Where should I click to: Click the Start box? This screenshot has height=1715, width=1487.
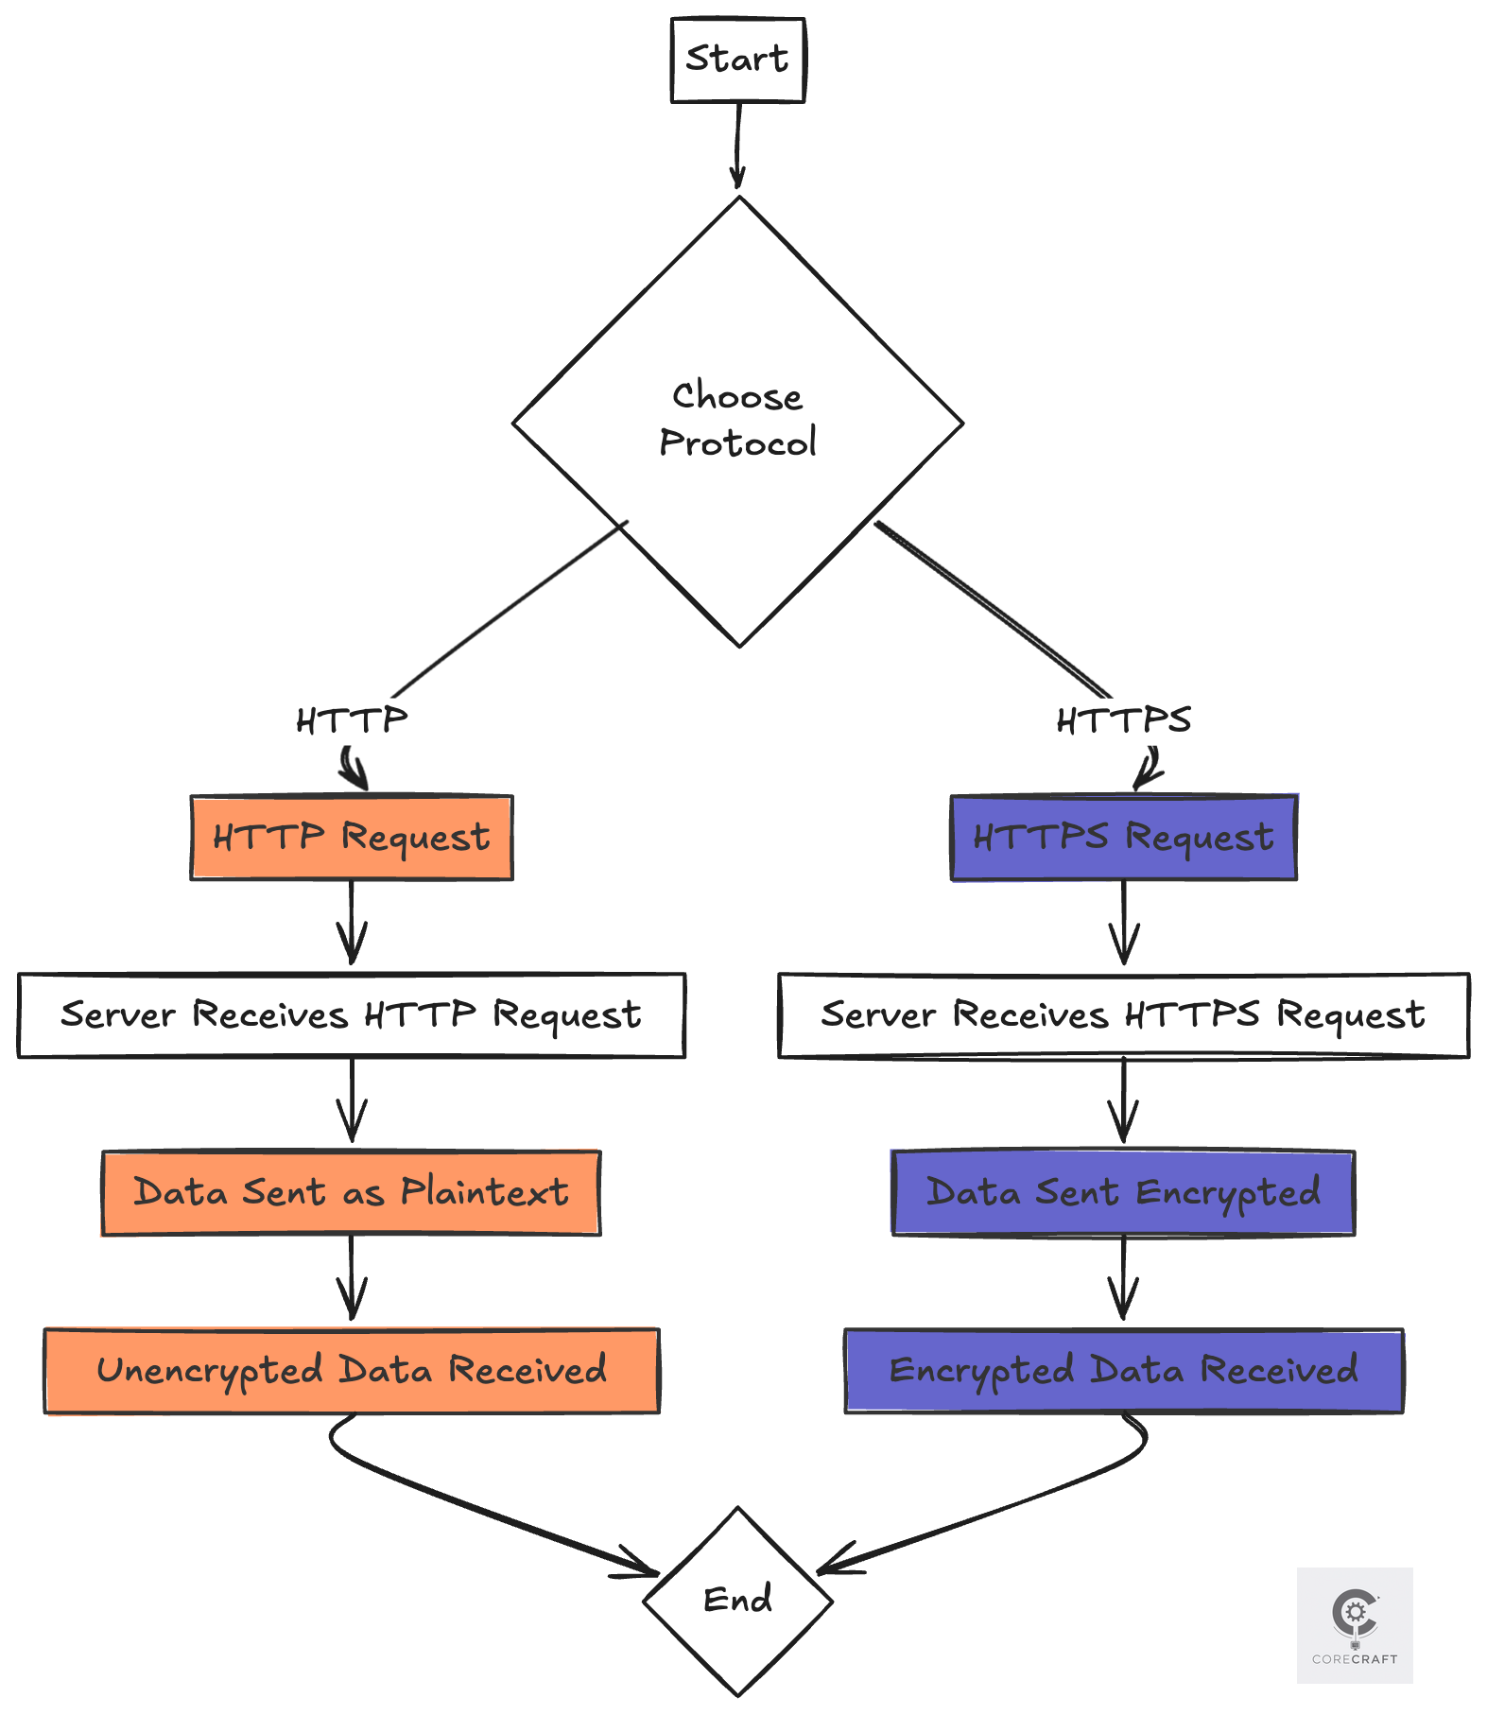coord(737,60)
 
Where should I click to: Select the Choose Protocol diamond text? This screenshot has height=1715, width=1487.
coord(737,420)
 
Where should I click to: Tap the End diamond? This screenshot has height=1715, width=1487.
coord(737,1600)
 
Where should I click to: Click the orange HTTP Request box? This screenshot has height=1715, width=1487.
coord(352,838)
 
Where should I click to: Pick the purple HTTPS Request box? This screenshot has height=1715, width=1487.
coord(1123,838)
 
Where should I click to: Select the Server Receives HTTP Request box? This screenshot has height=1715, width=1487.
coord(352,1015)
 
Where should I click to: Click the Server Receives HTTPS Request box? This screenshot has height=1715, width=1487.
coord(1123,1015)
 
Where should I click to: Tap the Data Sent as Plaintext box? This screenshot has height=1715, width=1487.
coord(352,1193)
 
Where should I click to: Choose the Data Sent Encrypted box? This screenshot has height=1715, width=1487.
coord(1123,1193)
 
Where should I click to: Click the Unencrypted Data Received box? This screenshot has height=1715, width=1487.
coord(352,1371)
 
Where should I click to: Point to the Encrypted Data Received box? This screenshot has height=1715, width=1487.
coord(1123,1371)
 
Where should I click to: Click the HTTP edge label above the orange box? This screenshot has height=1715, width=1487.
coord(352,721)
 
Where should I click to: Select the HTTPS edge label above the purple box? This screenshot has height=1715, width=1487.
coord(1123,721)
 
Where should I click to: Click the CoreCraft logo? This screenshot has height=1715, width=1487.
coord(1354,1624)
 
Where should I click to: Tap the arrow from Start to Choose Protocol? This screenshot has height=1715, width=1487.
coord(737,147)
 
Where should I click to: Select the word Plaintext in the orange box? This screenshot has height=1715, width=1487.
coord(484,1193)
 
